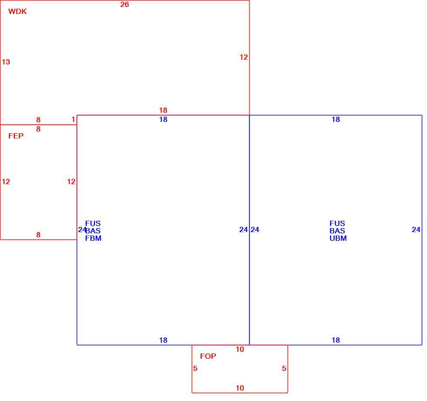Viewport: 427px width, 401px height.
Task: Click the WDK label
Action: [x=17, y=11]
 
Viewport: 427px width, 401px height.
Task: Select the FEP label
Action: [x=16, y=136]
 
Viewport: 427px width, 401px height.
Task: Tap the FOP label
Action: [x=208, y=356]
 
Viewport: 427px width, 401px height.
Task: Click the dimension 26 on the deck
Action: [x=125, y=4]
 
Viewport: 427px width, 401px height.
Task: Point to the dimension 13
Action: [x=6, y=62]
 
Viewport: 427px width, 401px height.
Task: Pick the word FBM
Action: [x=93, y=238]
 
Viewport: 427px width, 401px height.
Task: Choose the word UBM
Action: [x=338, y=238]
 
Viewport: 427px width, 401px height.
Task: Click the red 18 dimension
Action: [x=163, y=110]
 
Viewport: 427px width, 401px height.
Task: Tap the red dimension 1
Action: [x=73, y=119]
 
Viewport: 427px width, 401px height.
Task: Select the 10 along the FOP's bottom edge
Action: [x=240, y=388]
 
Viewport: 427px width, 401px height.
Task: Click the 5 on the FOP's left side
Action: [x=195, y=368]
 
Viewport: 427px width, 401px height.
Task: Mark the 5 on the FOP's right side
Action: [x=284, y=368]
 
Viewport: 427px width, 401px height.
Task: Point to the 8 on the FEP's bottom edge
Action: [x=38, y=235]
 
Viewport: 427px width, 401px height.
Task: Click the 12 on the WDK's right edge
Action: [x=244, y=57]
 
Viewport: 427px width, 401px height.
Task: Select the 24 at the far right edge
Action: [x=416, y=229]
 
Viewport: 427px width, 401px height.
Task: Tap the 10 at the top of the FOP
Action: [x=240, y=349]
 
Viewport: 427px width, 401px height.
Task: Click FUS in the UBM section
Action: [x=337, y=223]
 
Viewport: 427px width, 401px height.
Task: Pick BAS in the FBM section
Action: [x=93, y=231]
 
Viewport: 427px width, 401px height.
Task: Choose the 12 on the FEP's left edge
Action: [x=6, y=182]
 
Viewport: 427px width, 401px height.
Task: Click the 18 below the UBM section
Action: [x=336, y=340]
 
